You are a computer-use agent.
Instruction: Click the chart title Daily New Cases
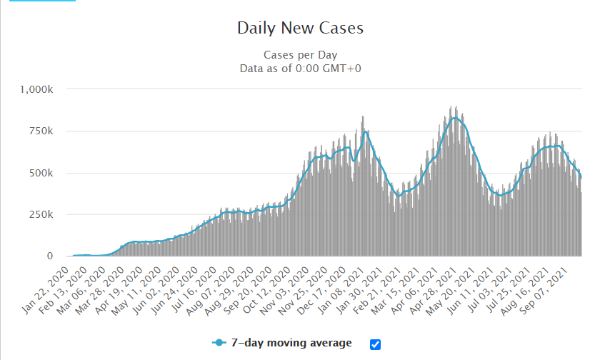coord(300,29)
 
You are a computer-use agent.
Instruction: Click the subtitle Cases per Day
coord(300,55)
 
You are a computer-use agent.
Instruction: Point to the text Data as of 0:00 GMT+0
coord(300,68)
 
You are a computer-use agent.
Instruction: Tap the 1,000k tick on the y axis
coord(39,90)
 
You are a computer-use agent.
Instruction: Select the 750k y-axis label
coord(43,131)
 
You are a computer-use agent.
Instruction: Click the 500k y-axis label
coord(43,173)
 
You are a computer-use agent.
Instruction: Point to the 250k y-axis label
coord(43,214)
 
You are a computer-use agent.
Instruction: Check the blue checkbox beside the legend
coord(376,344)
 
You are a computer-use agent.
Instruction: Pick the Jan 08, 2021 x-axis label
coord(343,283)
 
